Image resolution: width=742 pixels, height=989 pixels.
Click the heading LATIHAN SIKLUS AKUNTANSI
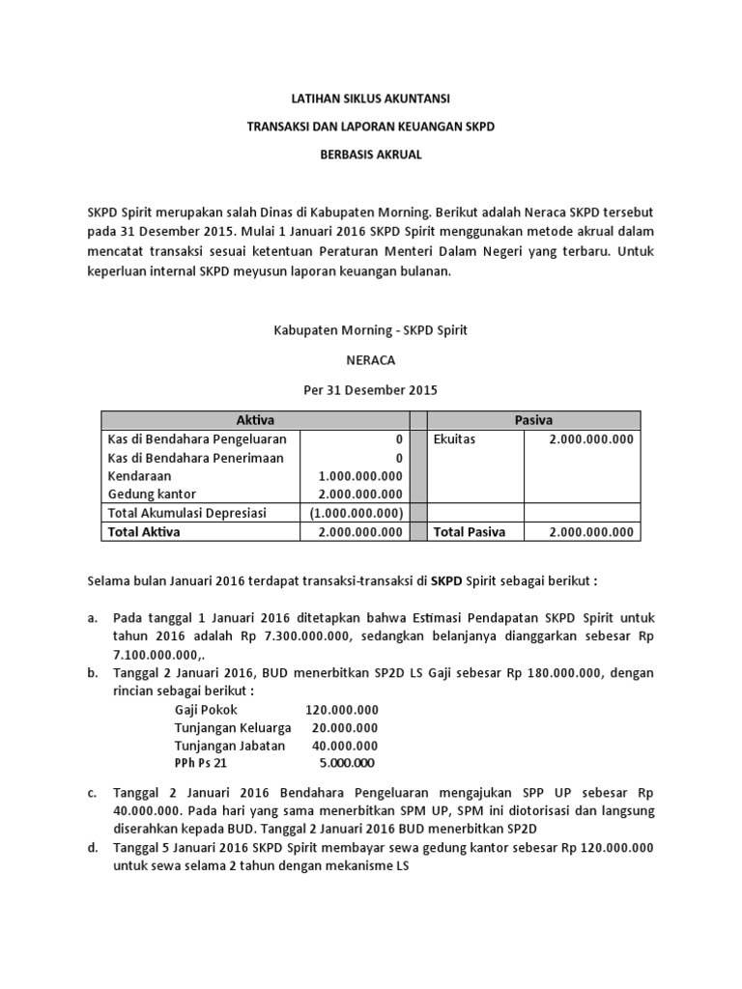coord(371,99)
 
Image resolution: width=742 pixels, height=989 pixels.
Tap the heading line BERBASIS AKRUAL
coord(371,155)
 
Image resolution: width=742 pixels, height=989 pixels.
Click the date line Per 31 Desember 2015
coord(371,390)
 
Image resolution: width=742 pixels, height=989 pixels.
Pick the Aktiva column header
coord(255,419)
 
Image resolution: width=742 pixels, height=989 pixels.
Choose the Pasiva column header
coord(533,419)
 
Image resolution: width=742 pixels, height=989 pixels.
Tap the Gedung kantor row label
coord(152,494)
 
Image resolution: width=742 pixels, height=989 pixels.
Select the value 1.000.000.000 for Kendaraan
coord(360,476)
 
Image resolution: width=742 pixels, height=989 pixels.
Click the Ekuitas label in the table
coord(455,439)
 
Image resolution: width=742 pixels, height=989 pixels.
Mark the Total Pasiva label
coord(473,531)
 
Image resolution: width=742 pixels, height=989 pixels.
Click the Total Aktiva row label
coord(144,531)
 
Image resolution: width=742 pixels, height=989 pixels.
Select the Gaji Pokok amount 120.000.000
coord(341,709)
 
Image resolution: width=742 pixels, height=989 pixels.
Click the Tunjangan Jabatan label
coord(230,746)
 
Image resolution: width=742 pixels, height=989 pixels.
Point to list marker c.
coord(92,794)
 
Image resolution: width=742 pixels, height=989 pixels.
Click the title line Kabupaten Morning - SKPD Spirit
coord(371,330)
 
